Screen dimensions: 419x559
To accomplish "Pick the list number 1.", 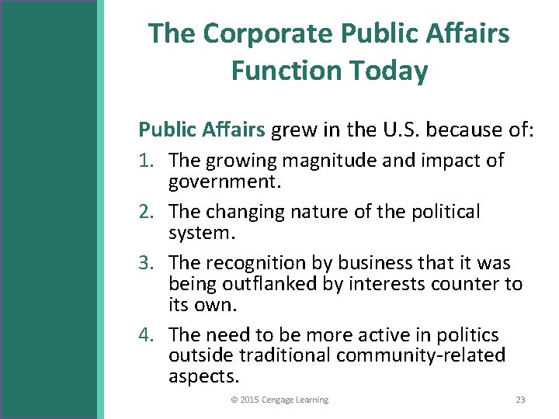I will coord(147,161).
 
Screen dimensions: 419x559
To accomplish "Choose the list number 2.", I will coord(147,211).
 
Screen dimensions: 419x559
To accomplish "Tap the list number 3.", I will coord(147,262).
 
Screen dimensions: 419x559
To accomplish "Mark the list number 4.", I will coord(147,334).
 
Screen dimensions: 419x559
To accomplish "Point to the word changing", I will coord(244,211).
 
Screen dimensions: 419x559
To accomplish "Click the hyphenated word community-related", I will coord(421,355).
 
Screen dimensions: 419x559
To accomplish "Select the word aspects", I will coord(204,376).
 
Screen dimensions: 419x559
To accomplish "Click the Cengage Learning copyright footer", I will coord(279,400).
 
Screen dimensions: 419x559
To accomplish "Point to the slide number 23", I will coord(520,400).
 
